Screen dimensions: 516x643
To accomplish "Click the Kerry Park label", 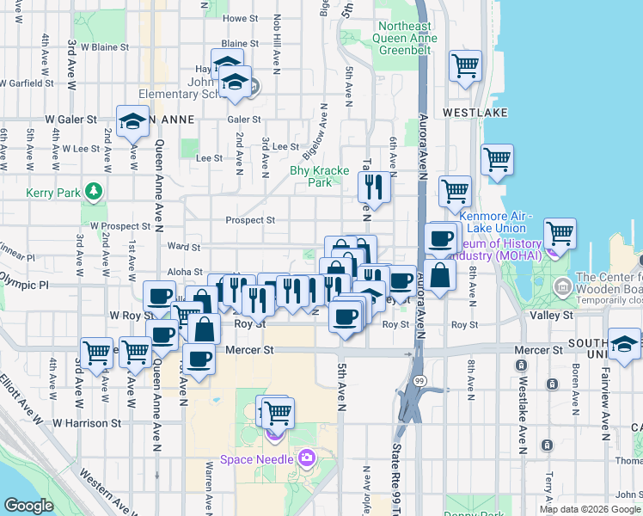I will pyautogui.click(x=53, y=193).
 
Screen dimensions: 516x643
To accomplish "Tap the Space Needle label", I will pyautogui.click(x=260, y=458).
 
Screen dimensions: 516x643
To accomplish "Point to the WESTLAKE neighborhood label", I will pyautogui.click(x=470, y=113).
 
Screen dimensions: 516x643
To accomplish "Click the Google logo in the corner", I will pyautogui.click(x=28, y=505).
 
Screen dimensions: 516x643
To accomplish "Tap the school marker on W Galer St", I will pyautogui.click(x=133, y=122).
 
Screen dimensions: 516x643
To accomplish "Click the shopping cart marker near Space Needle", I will pyautogui.click(x=278, y=413).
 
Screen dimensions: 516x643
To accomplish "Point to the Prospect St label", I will pyautogui.click(x=249, y=220).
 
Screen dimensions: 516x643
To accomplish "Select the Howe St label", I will pyautogui.click(x=240, y=18).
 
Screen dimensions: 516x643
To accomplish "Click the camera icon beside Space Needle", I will pyautogui.click(x=307, y=458).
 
